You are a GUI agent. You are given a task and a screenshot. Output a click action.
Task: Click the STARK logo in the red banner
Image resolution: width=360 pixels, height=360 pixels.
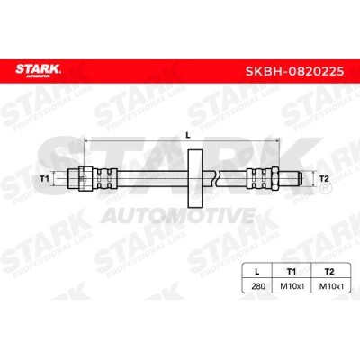38,70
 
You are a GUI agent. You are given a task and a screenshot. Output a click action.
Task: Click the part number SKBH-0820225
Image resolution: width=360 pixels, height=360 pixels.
294,71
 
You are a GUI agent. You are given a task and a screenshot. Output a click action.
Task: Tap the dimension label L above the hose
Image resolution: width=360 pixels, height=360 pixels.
188,135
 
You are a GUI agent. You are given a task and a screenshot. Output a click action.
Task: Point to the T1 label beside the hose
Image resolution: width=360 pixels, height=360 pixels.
44,179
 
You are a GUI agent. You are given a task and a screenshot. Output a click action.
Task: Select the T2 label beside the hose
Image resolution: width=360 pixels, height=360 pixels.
324,179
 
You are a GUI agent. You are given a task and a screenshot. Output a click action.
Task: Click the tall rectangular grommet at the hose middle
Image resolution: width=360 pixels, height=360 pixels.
195,179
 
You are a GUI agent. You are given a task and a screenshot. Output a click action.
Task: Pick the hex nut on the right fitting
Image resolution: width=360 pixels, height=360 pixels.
274,179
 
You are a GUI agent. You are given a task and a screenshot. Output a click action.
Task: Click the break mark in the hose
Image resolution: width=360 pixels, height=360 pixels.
216,179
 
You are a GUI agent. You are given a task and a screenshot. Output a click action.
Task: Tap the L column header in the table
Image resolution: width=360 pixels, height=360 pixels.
256,272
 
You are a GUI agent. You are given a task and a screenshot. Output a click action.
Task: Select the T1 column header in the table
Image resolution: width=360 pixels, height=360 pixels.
291,272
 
